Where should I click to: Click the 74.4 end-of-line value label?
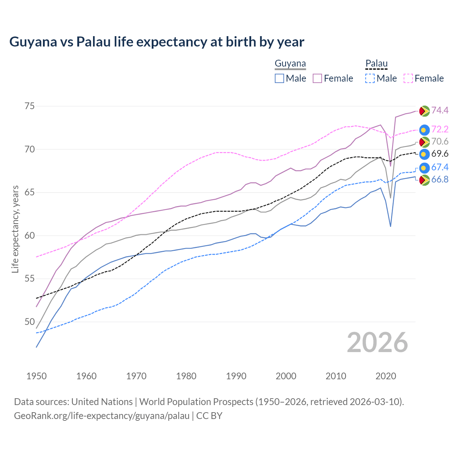(x=440, y=110)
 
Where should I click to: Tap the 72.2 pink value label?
(x=440, y=129)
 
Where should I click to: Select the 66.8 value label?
(x=440, y=179)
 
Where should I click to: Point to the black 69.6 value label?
(x=440, y=154)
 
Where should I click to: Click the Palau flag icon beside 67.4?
(x=424, y=167)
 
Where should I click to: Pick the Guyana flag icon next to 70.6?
(x=424, y=142)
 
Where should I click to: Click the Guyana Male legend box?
(x=279, y=78)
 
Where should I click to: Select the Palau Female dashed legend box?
(x=408, y=78)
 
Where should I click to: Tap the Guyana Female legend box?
(x=317, y=78)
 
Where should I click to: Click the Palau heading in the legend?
(x=376, y=64)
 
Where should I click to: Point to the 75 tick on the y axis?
(x=30, y=106)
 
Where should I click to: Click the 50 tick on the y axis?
(x=30, y=322)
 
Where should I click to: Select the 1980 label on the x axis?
(x=186, y=376)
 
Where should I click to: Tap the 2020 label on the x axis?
(x=386, y=376)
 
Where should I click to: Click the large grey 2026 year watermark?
(x=377, y=342)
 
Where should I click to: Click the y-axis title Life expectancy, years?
(x=15, y=229)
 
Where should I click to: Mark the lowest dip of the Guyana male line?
(x=390, y=226)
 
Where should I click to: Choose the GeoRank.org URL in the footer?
(x=102, y=416)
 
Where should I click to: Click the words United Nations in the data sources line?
(x=102, y=402)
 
